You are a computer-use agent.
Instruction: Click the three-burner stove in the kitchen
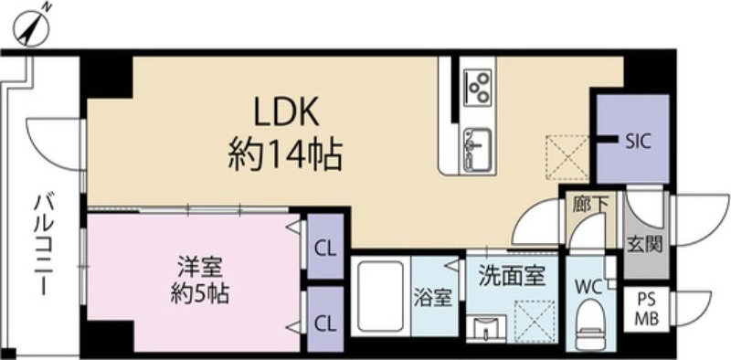(x=477, y=86)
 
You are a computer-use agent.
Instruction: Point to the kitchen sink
(x=476, y=143)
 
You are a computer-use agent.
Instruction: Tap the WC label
(x=587, y=284)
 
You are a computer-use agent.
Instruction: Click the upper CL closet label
(x=324, y=247)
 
